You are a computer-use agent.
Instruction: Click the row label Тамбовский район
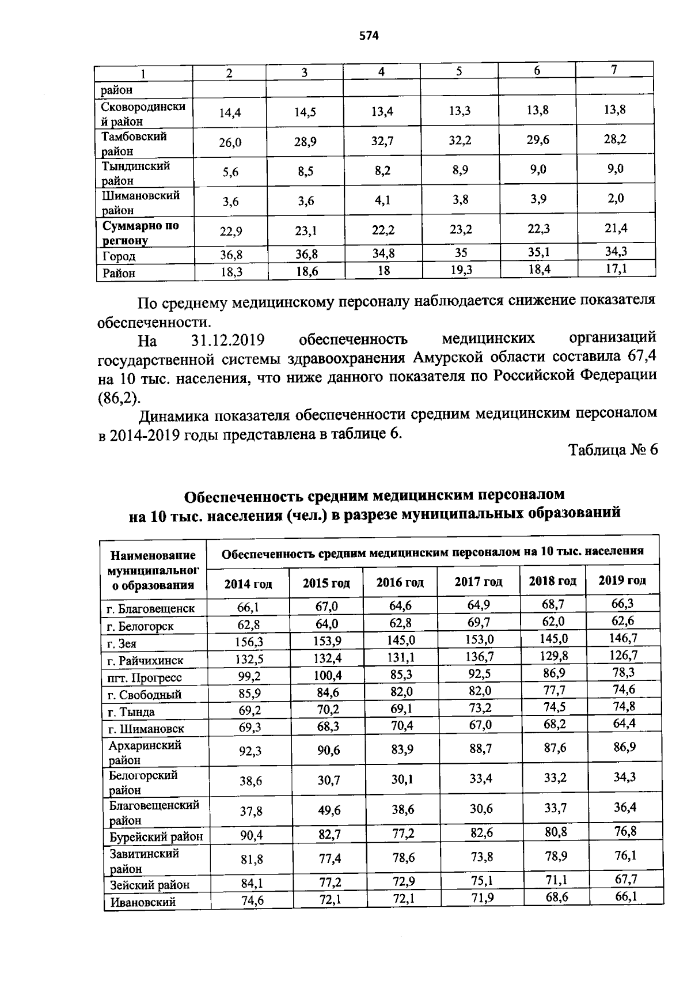pyautogui.click(x=134, y=143)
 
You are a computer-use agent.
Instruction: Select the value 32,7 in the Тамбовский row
pyautogui.click(x=382, y=141)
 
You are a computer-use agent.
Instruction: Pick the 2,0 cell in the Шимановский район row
pyautogui.click(x=614, y=198)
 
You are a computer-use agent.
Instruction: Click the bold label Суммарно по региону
pyautogui.click(x=141, y=232)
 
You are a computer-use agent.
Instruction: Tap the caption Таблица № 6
pyautogui.click(x=613, y=449)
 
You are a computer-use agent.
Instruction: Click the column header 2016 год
pyautogui.click(x=400, y=582)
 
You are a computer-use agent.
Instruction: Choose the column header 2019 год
pyautogui.click(x=622, y=580)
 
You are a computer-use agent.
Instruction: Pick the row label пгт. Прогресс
pyautogui.click(x=145, y=677)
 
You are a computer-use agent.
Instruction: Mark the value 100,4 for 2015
pyautogui.click(x=328, y=675)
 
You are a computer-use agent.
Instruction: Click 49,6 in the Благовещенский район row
pyautogui.click(x=329, y=810)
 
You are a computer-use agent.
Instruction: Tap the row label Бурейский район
pyautogui.click(x=156, y=836)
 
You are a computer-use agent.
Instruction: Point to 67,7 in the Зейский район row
pyautogui.click(x=625, y=879)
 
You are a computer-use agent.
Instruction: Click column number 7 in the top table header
pyautogui.click(x=614, y=70)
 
